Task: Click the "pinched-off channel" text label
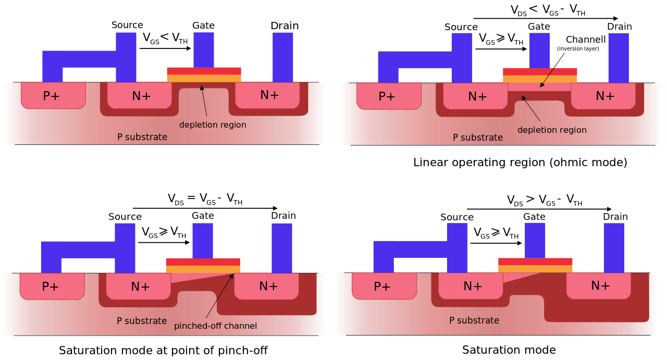[x=215, y=326]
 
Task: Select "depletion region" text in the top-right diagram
[x=552, y=130]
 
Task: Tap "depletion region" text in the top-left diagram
[x=213, y=125]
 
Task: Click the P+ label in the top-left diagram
[x=51, y=96]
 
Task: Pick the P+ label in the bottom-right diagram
[x=382, y=287]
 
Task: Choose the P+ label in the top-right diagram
[x=387, y=96]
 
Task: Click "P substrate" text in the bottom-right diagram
[x=474, y=320]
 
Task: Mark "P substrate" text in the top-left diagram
[x=142, y=137]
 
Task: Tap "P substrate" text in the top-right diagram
[x=478, y=138]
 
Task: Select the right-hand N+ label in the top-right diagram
[x=605, y=96]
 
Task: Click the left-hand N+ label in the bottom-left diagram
[x=140, y=287]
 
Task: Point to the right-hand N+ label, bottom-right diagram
[x=600, y=285]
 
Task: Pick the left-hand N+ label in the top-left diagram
[x=141, y=96]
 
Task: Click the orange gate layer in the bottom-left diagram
[x=203, y=269]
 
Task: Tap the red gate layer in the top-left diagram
[x=204, y=71]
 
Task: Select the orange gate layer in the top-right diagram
[x=540, y=79]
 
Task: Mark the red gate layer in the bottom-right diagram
[x=535, y=262]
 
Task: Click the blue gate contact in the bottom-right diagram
[x=535, y=240]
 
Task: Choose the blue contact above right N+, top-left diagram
[x=283, y=57]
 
